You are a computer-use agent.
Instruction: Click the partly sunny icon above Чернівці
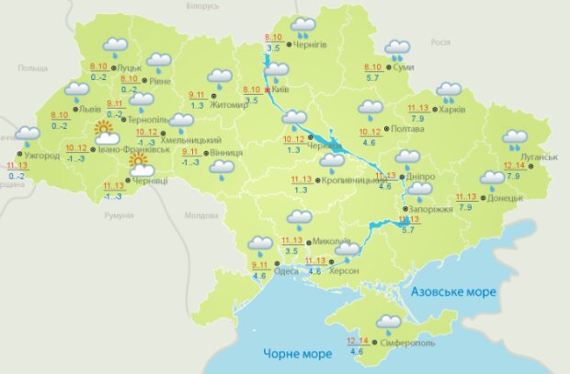141,165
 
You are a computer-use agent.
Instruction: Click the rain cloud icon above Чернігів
302,26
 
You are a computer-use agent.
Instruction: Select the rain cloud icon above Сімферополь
389,323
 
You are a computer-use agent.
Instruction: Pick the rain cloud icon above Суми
397,49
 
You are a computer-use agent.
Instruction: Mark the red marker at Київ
268,90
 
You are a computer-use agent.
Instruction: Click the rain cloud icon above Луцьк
115,46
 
